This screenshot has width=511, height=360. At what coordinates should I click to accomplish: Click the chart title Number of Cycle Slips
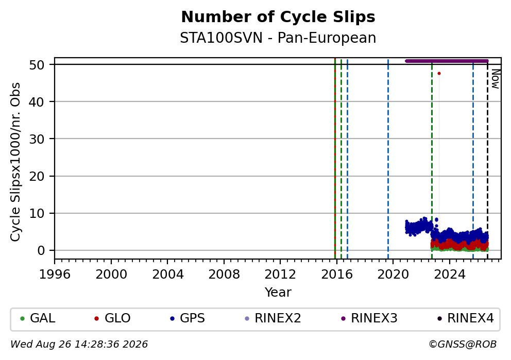[x=278, y=17]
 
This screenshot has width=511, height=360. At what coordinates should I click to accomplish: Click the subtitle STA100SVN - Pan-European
[x=278, y=38]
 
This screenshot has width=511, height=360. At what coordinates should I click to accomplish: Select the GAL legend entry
[x=38, y=318]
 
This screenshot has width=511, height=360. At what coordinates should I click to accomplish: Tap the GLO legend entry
[x=112, y=318]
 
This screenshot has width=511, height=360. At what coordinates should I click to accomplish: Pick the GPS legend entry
[x=188, y=318]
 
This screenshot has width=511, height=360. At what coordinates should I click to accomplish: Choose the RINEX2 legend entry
[x=273, y=318]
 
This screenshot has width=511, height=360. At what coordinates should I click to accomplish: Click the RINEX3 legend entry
[x=369, y=318]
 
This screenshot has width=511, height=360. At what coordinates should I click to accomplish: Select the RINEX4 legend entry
[x=466, y=318]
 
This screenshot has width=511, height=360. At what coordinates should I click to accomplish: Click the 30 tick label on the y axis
[x=37, y=139]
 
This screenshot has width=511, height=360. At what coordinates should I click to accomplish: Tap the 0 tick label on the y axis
[x=41, y=250]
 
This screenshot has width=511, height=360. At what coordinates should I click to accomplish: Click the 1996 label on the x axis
[x=55, y=275]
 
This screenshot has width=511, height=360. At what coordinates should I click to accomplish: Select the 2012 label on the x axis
[x=280, y=275]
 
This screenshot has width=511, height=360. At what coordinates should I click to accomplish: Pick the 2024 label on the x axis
[x=449, y=275]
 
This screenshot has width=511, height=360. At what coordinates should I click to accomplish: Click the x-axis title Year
[x=278, y=292]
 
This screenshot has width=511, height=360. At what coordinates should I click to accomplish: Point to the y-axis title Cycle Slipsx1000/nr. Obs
[x=15, y=162]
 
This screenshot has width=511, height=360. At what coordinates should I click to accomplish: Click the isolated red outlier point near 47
[x=439, y=74]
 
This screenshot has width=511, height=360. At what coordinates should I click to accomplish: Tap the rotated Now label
[x=496, y=79]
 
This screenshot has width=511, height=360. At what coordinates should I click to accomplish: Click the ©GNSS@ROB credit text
[x=463, y=345]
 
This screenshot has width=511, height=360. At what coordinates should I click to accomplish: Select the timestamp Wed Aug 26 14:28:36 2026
[x=79, y=345]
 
